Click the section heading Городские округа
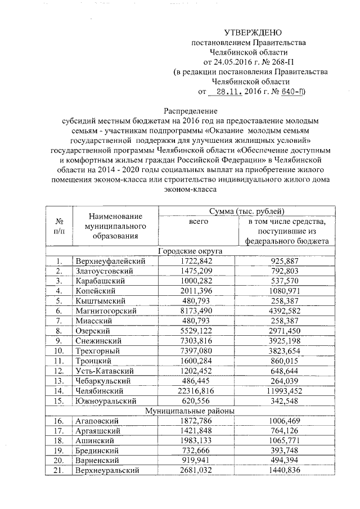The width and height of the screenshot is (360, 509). (190, 251)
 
